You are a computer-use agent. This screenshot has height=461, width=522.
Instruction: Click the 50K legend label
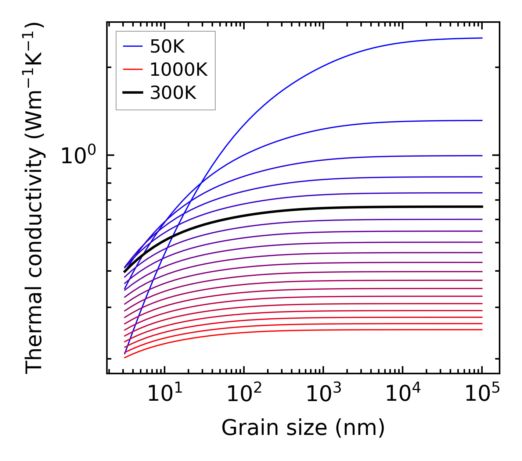coord(167,47)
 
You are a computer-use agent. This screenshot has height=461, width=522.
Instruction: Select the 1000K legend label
coord(179,69)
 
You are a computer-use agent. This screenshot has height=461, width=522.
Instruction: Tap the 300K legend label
coord(173,93)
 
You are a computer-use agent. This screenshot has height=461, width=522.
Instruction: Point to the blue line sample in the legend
coord(132,47)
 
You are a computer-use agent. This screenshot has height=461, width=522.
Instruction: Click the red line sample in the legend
coord(132,69)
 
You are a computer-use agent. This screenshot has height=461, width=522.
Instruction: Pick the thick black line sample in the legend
coord(132,93)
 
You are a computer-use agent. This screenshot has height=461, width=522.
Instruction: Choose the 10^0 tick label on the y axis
coord(78,156)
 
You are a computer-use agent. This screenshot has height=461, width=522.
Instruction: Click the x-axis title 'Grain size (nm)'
coord(303,428)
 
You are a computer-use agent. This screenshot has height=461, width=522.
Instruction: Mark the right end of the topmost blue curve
coord(482,38)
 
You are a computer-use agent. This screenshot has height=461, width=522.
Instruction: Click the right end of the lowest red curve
coord(482,329)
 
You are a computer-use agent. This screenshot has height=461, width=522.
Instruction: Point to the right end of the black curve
coord(482,207)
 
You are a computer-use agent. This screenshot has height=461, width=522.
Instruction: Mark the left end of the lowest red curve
coord(125,357)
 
